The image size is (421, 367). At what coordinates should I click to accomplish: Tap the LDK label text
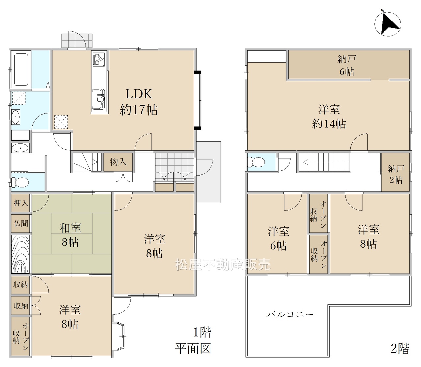point(139,94)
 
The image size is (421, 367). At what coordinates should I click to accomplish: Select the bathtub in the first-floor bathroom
point(21,69)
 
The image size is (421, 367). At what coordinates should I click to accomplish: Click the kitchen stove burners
point(99,59)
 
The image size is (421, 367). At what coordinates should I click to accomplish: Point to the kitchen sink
point(98,100)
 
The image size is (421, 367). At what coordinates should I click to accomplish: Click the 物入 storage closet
point(118,162)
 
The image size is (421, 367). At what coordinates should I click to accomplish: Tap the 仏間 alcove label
point(21,223)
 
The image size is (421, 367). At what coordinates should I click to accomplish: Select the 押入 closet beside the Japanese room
point(21,203)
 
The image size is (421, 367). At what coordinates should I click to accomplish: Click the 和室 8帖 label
point(70,235)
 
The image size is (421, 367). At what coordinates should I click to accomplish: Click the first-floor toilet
point(20,182)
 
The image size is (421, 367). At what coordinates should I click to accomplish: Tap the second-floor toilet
point(256,162)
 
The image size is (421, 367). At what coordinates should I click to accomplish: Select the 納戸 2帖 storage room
point(395,172)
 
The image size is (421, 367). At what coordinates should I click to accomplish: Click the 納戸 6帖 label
point(347,66)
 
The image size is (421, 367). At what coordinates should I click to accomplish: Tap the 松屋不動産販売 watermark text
point(223,265)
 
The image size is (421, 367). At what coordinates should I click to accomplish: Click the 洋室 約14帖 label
point(329,117)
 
